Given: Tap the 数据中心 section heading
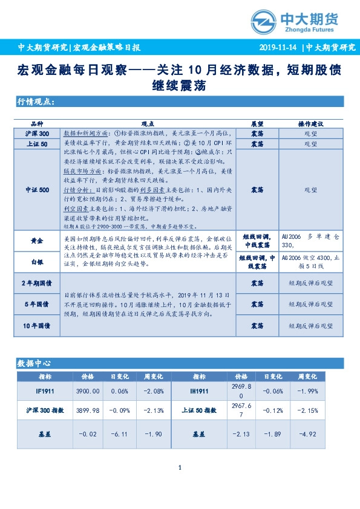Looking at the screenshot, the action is pos(34,363).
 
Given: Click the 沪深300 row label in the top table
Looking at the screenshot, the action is pos(37,133).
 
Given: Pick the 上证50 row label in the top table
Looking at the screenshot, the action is pos(37,144).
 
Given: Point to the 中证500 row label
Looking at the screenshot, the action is pos(37,190).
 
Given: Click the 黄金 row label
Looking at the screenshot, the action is pos(37,241).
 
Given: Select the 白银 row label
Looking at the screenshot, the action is pos(37,262).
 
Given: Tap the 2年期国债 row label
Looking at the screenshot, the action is pos(37,283).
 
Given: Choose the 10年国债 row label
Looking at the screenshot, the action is pos(37,326).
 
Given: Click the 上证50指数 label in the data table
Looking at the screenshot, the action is pos(199,410).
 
